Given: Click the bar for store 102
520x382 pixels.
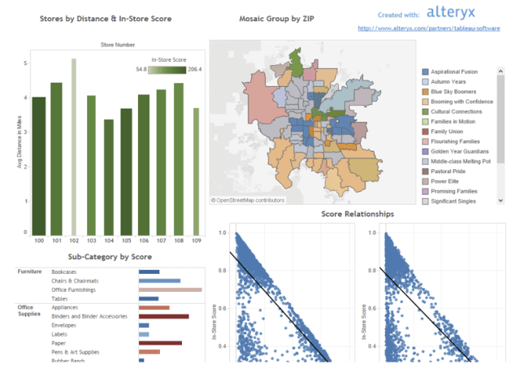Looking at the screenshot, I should point(73,146).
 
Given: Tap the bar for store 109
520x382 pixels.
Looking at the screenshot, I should point(196,171).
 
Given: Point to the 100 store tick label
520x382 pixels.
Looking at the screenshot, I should point(38,241).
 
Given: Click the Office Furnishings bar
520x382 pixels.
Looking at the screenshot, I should point(170,289).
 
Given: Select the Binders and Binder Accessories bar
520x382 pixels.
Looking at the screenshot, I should point(163,317).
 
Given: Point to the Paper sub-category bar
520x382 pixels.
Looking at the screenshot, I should point(160,343).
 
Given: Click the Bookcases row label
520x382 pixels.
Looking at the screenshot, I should point(64,271).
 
